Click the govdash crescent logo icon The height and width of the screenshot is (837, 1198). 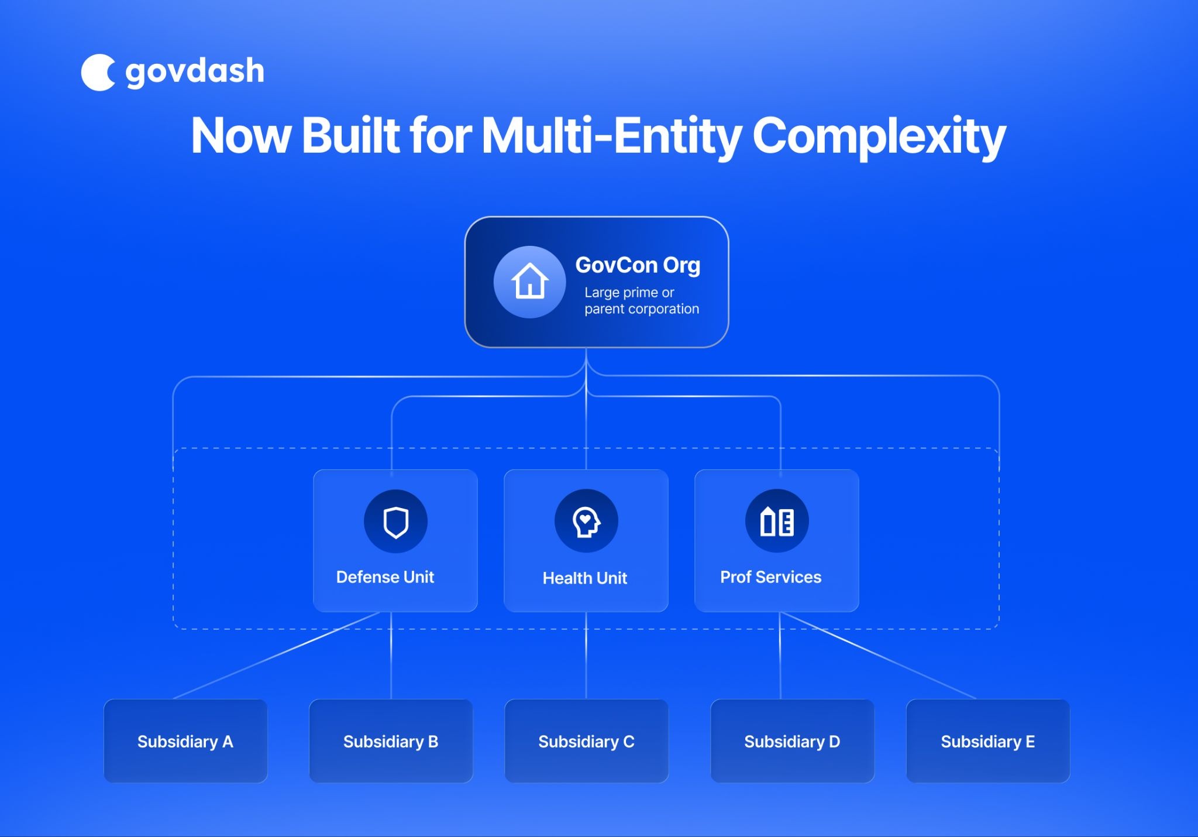tap(97, 73)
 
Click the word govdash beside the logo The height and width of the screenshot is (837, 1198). tap(195, 71)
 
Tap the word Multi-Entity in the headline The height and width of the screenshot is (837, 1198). tap(612, 136)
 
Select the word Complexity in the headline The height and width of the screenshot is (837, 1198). tap(879, 136)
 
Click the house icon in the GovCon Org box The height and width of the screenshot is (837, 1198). tap(529, 282)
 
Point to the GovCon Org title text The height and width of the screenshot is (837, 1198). tap(638, 265)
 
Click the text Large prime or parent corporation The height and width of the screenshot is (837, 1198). tap(641, 300)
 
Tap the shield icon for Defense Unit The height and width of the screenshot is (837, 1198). tap(396, 522)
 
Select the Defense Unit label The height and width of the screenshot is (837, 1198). tap(385, 577)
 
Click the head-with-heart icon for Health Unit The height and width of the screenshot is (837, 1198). tap(586, 521)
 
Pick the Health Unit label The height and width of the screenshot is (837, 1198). tap(585, 578)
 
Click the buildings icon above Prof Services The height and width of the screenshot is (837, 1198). tap(777, 521)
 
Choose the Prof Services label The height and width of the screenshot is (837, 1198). tap(770, 577)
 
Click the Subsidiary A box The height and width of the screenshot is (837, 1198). tap(185, 741)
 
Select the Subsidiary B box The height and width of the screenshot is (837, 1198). tap(391, 741)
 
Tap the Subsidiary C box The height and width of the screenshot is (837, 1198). tap(586, 741)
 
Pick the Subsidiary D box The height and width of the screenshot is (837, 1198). tap(792, 741)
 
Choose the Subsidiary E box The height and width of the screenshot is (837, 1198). tap(987, 741)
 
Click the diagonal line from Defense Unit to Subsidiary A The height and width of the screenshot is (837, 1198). tap(276, 656)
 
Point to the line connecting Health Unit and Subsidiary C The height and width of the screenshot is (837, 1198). tap(586, 656)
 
